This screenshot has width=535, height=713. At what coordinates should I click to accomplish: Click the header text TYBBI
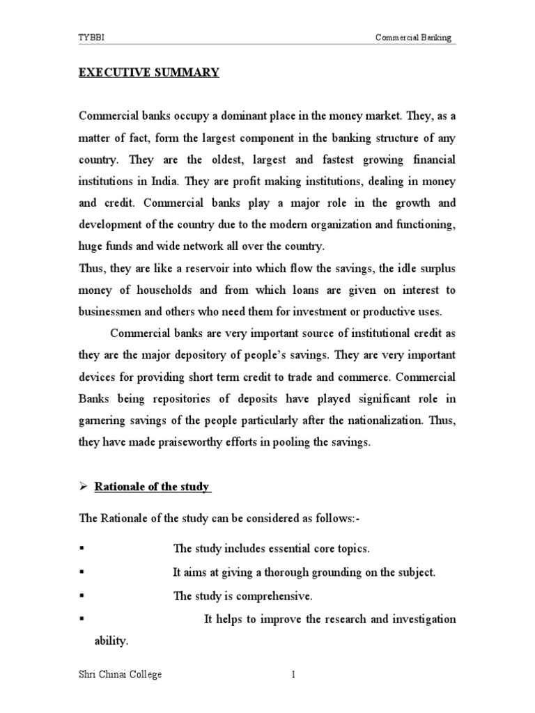(89, 38)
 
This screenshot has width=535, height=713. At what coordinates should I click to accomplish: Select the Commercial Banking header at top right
(413, 38)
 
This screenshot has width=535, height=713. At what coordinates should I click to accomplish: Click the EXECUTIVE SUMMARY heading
(148, 73)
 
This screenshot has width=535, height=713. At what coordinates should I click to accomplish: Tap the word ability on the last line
(111, 641)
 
